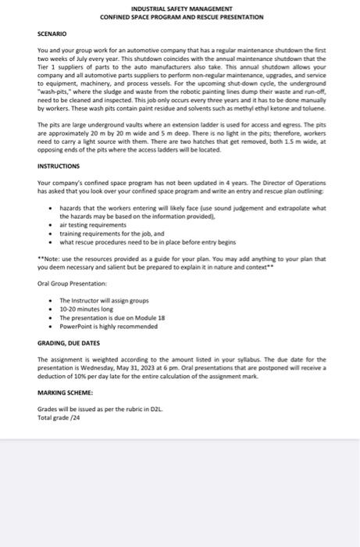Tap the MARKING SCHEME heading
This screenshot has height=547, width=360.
click(x=65, y=391)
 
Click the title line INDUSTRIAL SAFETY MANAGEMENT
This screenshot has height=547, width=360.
click(x=181, y=8)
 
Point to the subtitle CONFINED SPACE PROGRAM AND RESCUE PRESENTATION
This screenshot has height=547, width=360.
click(x=181, y=16)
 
